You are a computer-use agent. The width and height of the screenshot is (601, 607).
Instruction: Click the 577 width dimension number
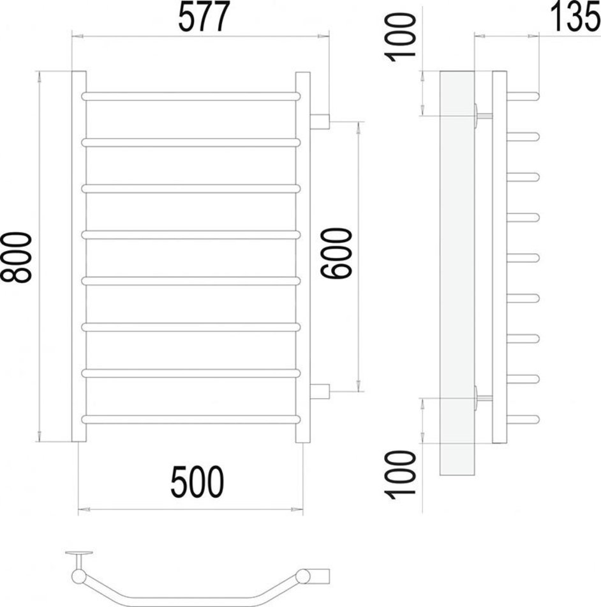tap(204, 16)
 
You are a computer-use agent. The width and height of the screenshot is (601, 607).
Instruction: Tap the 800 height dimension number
tap(16, 257)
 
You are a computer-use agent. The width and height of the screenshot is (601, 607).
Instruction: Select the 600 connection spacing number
tap(336, 253)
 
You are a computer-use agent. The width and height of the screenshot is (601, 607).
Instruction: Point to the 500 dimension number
tap(197, 482)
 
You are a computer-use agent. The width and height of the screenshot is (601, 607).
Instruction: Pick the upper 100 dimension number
tap(400, 37)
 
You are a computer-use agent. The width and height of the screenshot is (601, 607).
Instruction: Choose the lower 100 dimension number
tap(400, 475)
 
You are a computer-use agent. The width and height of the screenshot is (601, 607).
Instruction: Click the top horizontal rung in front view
tap(191, 96)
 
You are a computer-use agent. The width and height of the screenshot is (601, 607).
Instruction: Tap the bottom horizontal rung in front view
tap(191, 420)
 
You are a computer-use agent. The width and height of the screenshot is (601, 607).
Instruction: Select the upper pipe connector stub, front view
tap(320, 121)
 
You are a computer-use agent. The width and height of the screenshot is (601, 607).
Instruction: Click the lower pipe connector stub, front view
tap(320, 392)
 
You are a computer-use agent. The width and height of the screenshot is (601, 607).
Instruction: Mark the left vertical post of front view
tap(79, 256)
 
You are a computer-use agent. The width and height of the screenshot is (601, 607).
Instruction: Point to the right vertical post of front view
tap(303, 257)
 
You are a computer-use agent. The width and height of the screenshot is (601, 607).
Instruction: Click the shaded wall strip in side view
tap(457, 273)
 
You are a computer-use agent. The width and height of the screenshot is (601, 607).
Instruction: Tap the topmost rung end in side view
tap(523, 96)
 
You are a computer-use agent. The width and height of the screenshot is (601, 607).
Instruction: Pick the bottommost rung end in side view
tap(523, 420)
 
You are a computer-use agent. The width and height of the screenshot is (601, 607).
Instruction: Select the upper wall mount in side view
tap(484, 115)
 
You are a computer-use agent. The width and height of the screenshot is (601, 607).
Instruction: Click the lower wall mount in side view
tap(484, 397)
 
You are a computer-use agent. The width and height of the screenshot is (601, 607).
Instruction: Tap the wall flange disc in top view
tap(79, 553)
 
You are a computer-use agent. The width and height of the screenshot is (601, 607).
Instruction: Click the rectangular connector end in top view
tap(320, 576)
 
